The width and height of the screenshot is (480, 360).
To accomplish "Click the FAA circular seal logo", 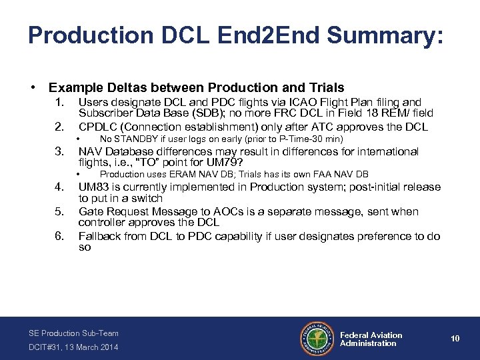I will click(317, 339).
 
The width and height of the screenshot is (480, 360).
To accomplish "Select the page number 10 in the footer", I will click(455, 339).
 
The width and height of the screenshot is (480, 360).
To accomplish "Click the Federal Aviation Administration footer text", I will click(371, 339).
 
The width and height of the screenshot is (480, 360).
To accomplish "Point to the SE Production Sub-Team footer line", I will click(73, 333).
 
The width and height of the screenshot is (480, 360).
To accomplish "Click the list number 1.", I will click(59, 102).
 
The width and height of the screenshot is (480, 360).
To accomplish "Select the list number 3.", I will click(59, 151).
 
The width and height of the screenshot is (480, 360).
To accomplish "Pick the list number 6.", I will click(59, 236).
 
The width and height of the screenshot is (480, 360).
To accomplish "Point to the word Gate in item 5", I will click(92, 211).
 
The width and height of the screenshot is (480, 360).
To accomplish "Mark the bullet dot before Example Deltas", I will click(33, 87).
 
